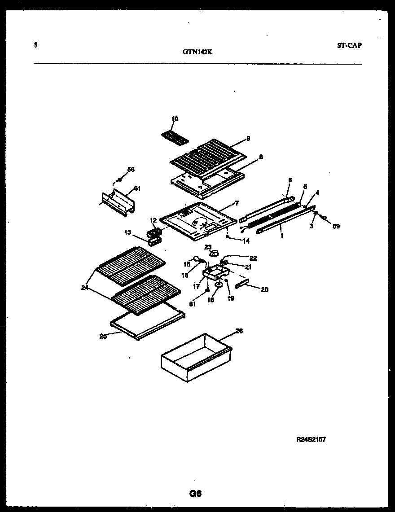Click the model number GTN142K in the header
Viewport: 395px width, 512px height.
coord(197,52)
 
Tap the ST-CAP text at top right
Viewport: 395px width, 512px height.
coord(349,45)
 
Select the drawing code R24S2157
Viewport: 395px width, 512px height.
coord(310,440)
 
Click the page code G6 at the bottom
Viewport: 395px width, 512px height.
coord(195,494)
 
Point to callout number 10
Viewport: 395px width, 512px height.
coord(175,119)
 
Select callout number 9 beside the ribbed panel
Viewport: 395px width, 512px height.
coord(248,139)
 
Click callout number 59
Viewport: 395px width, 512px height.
coord(336,227)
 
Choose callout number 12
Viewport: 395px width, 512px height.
coord(153,220)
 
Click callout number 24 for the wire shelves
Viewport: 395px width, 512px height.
coord(85,288)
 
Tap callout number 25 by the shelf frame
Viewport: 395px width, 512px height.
coord(103,336)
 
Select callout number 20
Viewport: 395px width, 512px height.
coord(264,290)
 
